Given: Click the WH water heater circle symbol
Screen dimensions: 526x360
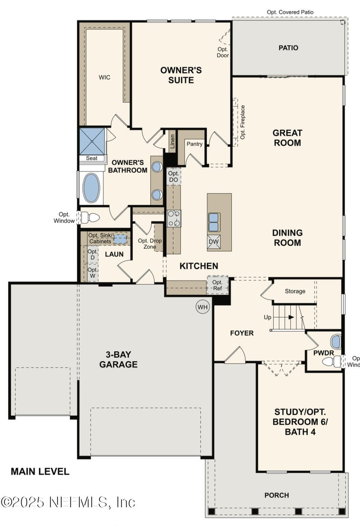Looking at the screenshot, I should tap(202, 307).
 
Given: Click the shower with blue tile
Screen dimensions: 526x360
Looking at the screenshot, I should tap(92, 141).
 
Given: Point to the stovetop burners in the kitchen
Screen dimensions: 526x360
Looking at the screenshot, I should tap(174, 219).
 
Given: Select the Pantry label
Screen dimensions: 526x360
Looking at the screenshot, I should tap(194, 144).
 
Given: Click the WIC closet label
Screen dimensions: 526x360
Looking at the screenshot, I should tap(104, 77).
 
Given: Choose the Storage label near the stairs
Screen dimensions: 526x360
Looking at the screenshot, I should tap(295, 291).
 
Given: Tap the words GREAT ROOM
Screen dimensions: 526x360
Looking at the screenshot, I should tap(287, 138).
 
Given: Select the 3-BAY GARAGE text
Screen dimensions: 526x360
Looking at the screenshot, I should tap(118, 359).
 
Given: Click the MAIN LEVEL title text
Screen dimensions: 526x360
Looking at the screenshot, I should tap(40, 472).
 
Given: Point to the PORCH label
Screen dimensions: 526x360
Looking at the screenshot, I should tap(277, 495).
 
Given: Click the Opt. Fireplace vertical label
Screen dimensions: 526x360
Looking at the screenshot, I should tap(243, 122).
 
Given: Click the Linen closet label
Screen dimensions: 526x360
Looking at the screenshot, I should tap(172, 141).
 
